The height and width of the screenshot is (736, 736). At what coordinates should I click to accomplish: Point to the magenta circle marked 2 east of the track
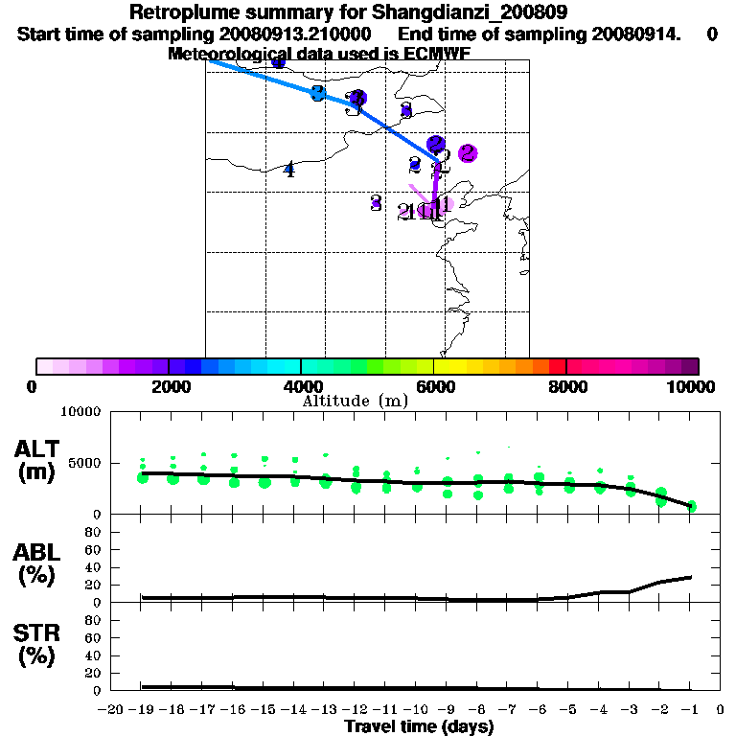[468, 152]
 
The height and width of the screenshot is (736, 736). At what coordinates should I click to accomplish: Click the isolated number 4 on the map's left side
[288, 171]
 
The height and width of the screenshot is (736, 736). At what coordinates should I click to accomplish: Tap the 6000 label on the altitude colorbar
[436, 386]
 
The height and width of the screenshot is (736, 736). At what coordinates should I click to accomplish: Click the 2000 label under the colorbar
[169, 386]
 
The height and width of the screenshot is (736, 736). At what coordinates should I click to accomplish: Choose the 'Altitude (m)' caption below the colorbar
[355, 401]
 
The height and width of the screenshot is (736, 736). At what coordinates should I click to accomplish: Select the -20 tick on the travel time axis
[111, 710]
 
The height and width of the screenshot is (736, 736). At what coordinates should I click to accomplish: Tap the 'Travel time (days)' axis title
[419, 726]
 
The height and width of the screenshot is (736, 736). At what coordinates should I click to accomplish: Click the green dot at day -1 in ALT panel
[691, 506]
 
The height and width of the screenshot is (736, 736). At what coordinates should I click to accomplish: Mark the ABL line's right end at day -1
[691, 577]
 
